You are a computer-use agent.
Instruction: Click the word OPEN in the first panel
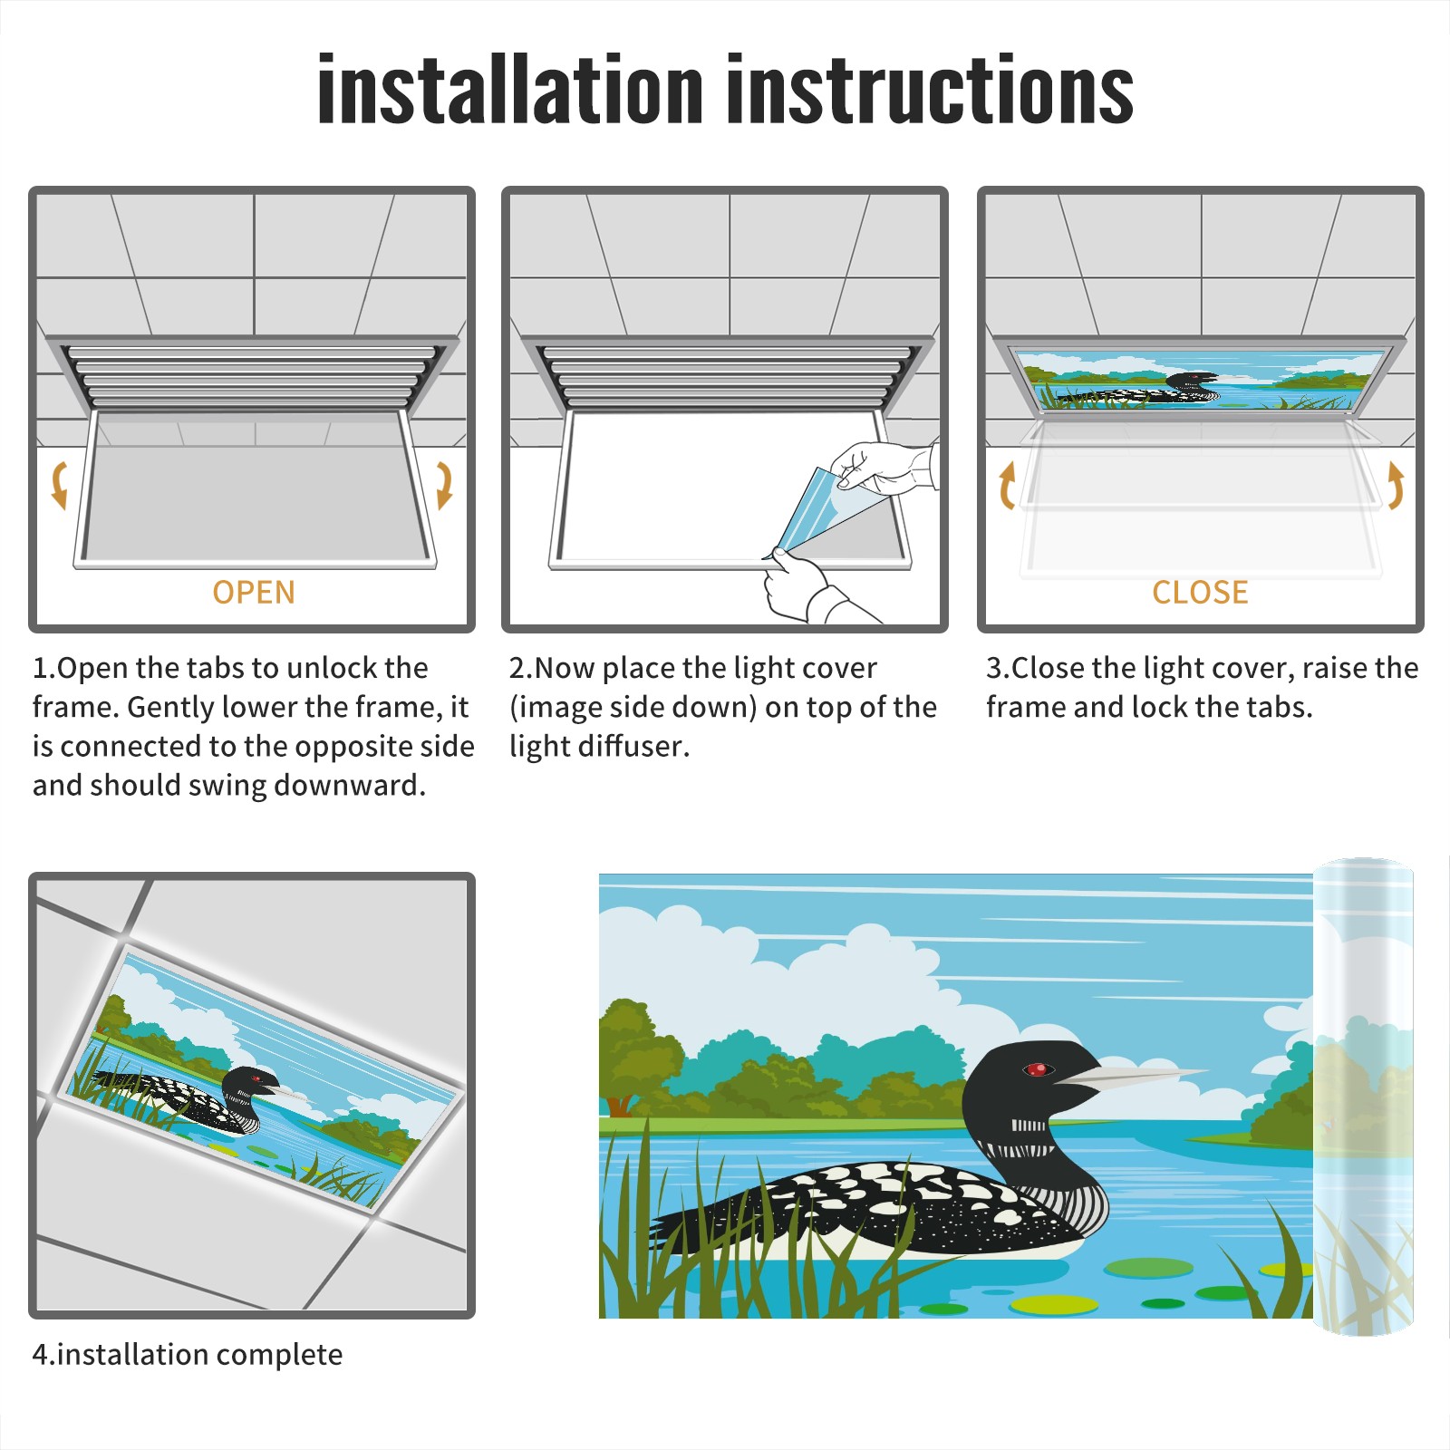click(254, 593)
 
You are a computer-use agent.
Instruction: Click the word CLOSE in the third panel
click(1200, 593)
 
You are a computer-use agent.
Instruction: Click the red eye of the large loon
click(1037, 1069)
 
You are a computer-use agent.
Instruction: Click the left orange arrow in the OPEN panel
click(60, 485)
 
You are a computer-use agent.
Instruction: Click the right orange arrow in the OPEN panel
click(444, 485)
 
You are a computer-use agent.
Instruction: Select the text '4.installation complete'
click(188, 1355)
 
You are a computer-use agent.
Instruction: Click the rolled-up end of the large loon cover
click(1363, 1097)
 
